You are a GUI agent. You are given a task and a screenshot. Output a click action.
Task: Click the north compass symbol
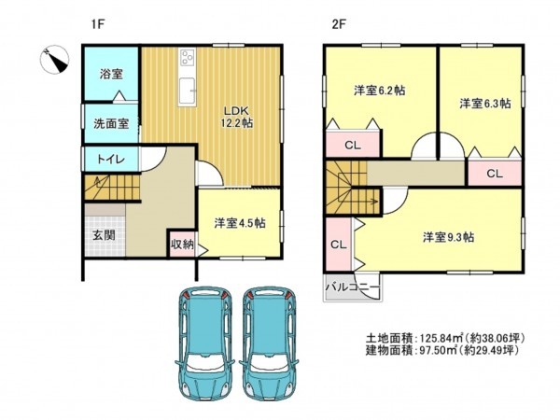point(55,60)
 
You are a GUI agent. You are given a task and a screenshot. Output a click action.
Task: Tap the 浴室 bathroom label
point(111,75)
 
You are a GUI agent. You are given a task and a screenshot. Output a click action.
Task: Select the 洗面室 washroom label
point(111,123)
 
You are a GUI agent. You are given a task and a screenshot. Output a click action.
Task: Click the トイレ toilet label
point(111,159)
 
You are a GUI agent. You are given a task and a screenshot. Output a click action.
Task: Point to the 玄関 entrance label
point(104,235)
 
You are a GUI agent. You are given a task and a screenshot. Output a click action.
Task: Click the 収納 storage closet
point(182,245)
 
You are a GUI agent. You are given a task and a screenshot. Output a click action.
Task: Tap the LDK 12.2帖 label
point(236,118)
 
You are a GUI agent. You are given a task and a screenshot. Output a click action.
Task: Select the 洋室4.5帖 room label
point(240,223)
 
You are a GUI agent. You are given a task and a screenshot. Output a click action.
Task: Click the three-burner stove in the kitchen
point(188,57)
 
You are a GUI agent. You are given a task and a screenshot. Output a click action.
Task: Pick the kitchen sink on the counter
point(188,91)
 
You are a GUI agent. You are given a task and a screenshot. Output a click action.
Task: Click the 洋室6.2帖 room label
point(380,91)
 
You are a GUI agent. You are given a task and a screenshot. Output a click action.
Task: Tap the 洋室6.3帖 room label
point(484,104)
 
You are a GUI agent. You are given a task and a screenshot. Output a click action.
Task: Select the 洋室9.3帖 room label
point(448,237)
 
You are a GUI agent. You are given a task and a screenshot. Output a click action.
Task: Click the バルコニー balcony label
point(352,287)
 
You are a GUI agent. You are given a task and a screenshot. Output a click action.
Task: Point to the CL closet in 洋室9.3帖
point(339,245)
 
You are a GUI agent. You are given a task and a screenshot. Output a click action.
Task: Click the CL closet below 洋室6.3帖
point(495,174)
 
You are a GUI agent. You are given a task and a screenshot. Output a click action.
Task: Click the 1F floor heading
point(97,24)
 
